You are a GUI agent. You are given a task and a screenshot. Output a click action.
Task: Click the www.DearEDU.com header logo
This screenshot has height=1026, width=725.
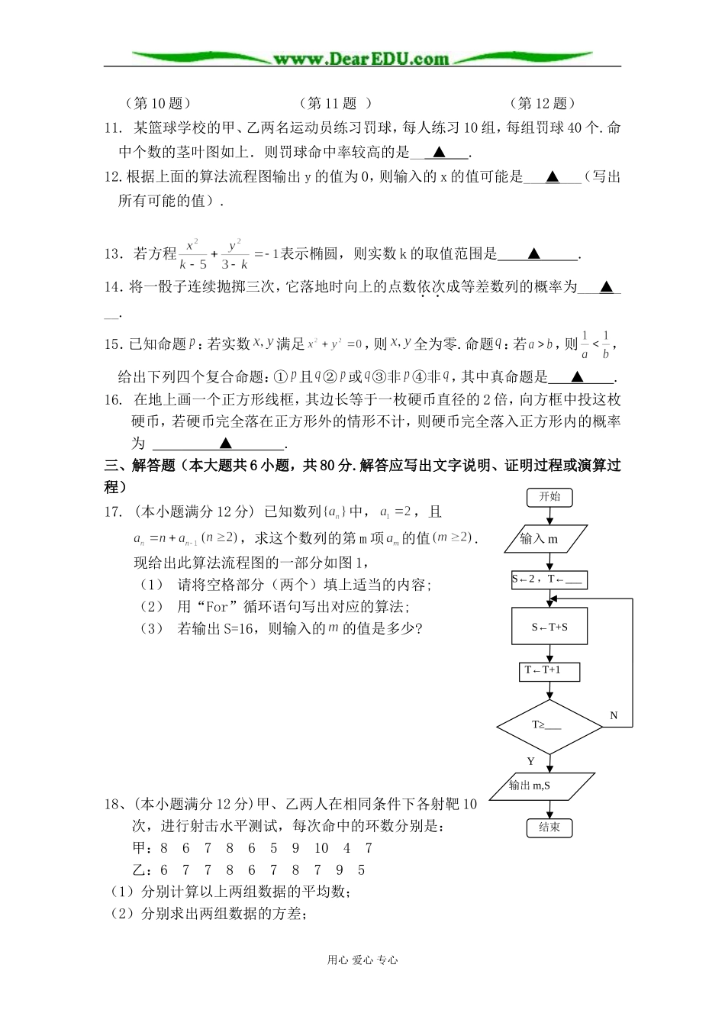click(x=362, y=58)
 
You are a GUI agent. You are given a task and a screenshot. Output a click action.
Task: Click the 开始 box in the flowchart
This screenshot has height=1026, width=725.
click(x=549, y=497)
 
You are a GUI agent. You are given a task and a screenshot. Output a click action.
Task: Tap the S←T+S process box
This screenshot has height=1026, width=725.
click(x=549, y=627)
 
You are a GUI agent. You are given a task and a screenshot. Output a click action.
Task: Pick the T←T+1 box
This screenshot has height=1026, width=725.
click(x=549, y=670)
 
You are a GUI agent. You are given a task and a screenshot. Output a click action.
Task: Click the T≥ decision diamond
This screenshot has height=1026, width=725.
click(x=549, y=726)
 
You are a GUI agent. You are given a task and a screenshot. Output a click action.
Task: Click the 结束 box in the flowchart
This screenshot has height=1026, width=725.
click(x=549, y=827)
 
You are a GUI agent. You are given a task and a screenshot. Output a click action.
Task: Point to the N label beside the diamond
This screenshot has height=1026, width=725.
click(x=614, y=716)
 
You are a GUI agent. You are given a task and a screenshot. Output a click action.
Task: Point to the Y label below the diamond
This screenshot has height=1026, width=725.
click(x=531, y=762)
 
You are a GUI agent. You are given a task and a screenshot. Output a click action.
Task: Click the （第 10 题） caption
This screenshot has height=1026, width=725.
click(x=157, y=103)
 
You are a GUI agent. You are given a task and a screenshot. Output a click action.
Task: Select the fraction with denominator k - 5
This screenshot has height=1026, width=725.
click(x=193, y=255)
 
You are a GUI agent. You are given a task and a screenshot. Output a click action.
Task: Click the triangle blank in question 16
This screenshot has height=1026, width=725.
click(x=226, y=444)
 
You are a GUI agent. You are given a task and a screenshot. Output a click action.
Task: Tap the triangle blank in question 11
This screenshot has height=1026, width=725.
click(x=439, y=152)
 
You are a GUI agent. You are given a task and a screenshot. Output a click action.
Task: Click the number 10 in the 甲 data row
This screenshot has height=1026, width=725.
click(x=321, y=848)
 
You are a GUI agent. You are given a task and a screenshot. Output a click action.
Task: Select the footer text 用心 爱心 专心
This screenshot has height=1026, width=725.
click(x=362, y=960)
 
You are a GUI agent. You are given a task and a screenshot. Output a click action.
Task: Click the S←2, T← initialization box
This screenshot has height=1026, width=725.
click(x=549, y=579)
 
